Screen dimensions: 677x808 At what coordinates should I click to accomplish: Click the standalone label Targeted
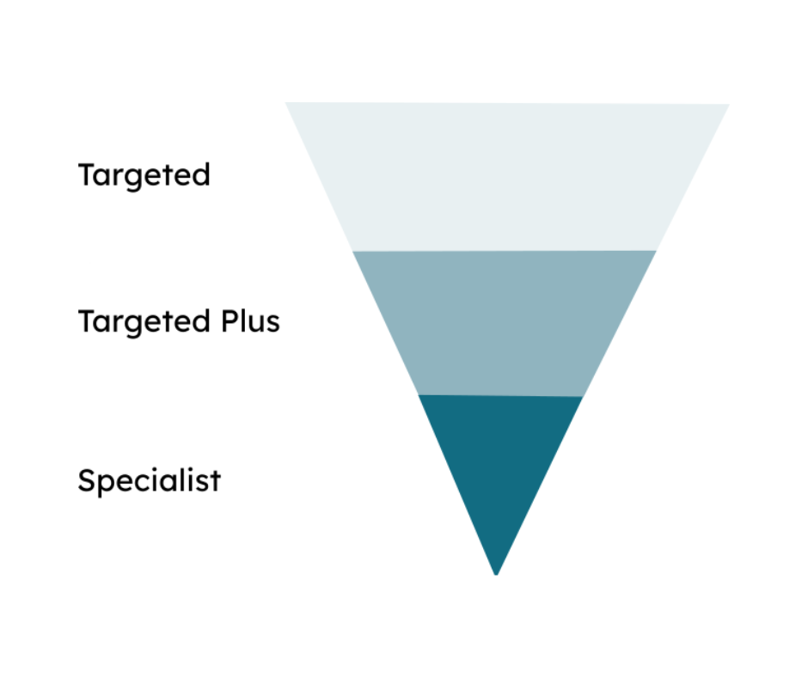point(144,175)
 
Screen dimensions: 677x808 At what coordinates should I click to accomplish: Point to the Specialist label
point(149,480)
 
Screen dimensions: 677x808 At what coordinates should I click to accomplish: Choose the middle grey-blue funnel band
point(503,322)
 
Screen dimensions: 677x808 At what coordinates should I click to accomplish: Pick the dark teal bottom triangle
point(498,464)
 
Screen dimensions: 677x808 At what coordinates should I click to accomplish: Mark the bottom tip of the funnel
point(496,573)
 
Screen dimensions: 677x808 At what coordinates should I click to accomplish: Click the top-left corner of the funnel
point(287,104)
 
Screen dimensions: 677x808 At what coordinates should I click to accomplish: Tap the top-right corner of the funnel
point(727,106)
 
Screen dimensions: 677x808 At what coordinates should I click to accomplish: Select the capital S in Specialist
point(87,479)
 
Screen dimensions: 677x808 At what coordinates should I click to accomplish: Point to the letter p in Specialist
point(107,484)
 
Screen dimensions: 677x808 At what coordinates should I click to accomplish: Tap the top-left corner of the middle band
point(354,252)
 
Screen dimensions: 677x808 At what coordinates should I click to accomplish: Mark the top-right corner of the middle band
point(655,252)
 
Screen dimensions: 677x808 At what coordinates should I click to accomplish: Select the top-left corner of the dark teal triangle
point(419,395)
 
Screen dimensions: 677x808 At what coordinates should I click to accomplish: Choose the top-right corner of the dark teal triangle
point(582,397)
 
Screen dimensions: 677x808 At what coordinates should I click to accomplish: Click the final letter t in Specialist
point(215,480)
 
